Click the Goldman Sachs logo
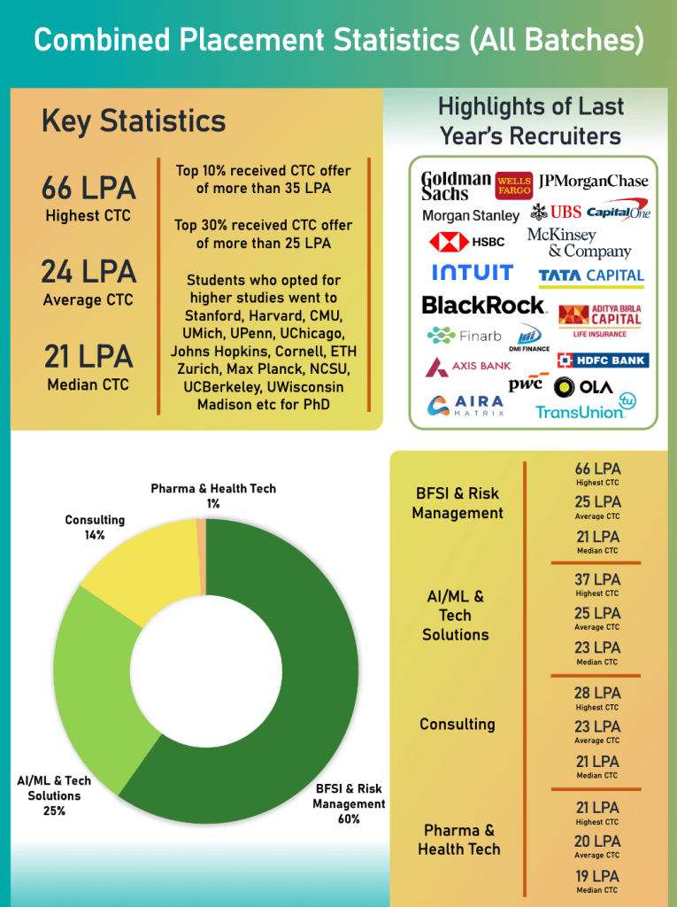point(455,186)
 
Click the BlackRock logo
point(484,306)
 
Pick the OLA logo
point(583,387)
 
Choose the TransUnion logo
point(584,408)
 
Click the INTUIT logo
point(473,273)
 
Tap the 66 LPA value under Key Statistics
point(88,189)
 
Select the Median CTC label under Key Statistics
point(88,384)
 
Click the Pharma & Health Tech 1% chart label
point(213,495)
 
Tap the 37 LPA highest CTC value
point(597,580)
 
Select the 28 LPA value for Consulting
point(597,694)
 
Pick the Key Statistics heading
point(134,121)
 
